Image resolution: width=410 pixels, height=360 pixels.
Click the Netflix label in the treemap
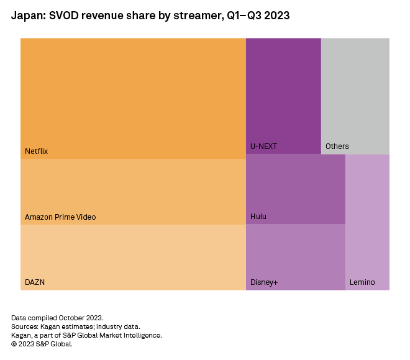36,151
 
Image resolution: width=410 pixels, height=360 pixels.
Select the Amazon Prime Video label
60,217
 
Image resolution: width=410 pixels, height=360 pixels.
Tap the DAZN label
35,282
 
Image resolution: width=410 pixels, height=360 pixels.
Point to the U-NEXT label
263,146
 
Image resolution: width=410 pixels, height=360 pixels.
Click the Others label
337,146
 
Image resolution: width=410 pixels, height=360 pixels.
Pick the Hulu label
258,217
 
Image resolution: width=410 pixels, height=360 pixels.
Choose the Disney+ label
264,282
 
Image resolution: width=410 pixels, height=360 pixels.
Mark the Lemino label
362,282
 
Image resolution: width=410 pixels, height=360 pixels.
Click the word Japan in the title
25,15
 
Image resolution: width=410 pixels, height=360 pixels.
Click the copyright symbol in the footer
14,344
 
